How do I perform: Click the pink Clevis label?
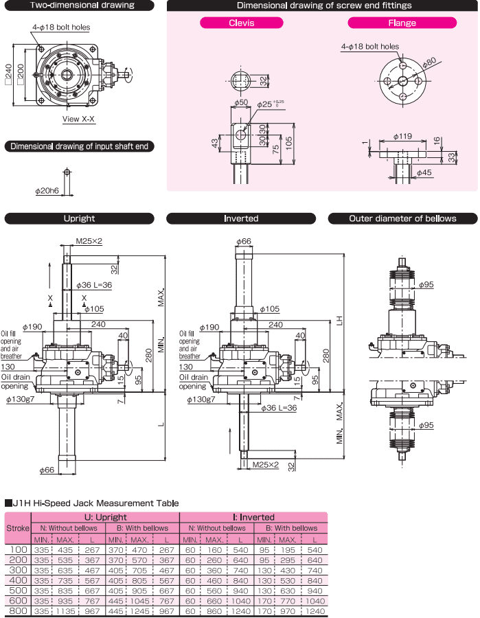click(241, 23)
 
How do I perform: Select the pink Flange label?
click(401, 23)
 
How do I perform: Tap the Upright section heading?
click(79, 218)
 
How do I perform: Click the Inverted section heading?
click(241, 218)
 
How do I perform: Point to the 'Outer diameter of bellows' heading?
click(402, 218)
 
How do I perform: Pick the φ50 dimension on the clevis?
click(240, 103)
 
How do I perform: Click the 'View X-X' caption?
click(79, 119)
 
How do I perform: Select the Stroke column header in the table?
click(18, 528)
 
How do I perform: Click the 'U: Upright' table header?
click(106, 517)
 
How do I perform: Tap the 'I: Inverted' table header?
click(253, 517)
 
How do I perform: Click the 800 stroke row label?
click(18, 610)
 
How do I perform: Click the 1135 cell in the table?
click(67, 610)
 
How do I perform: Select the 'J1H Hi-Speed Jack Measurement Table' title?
click(95, 503)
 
